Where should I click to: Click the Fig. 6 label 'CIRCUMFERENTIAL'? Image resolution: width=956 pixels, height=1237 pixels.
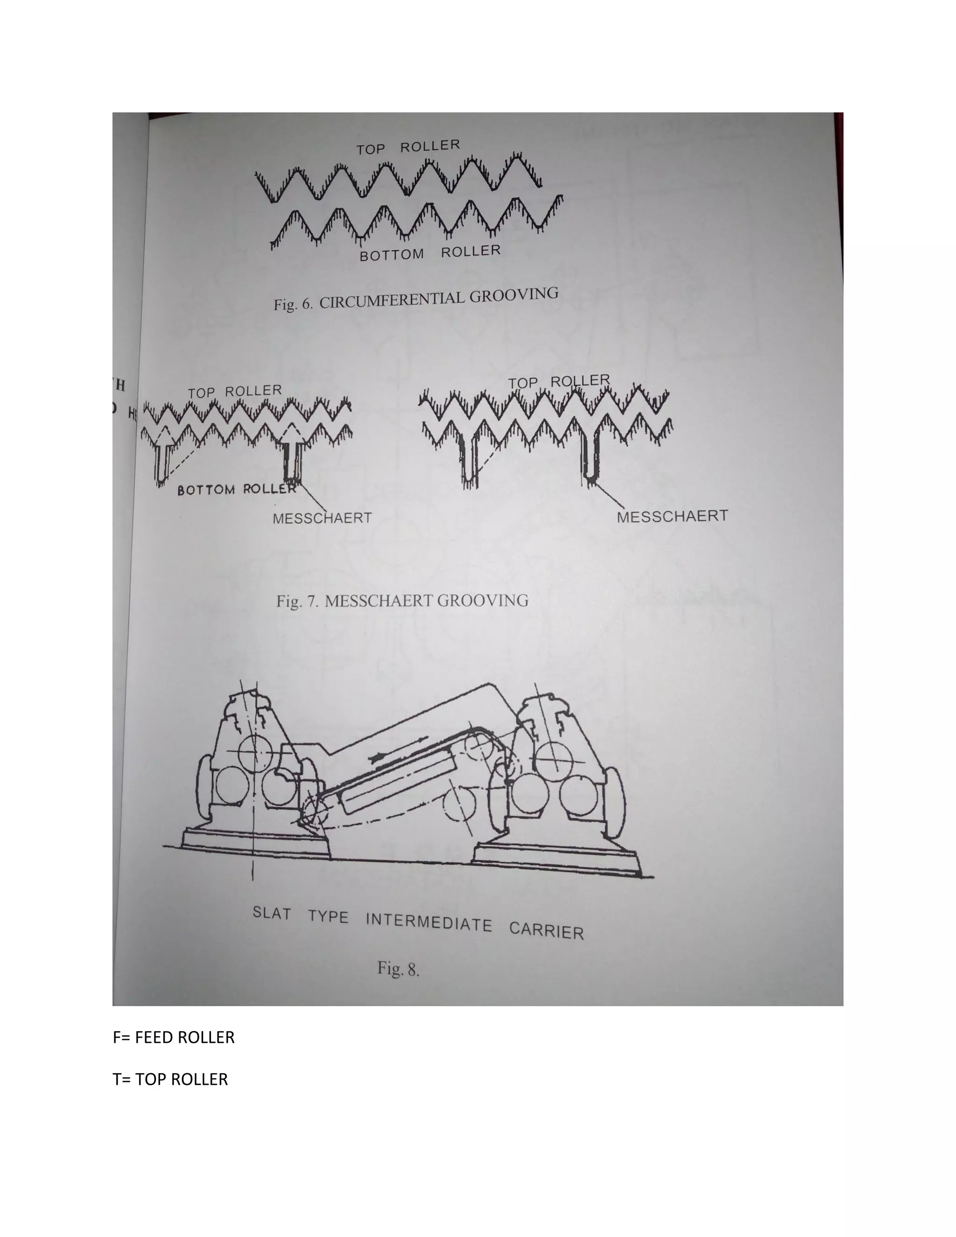coord(393,300)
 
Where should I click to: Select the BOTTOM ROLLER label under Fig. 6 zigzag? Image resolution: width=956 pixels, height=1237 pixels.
coord(430,253)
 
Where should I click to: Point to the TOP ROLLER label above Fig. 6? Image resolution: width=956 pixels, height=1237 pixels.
coord(408,147)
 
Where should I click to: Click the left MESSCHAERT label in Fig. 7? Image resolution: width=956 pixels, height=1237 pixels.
coord(322,518)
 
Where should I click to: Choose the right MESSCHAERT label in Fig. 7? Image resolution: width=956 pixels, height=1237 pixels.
coord(672,516)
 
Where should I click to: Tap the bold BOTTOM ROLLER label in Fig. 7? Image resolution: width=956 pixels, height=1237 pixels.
coord(237,489)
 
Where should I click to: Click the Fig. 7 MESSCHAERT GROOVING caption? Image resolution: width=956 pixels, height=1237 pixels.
coord(402,600)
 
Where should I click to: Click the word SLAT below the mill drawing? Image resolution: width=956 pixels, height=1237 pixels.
coord(272,913)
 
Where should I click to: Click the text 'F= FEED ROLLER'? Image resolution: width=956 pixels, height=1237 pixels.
coord(173,1037)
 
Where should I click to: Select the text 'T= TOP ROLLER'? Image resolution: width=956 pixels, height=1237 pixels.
coord(170,1079)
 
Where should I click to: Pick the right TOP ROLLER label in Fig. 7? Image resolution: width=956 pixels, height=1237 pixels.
coord(558,382)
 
